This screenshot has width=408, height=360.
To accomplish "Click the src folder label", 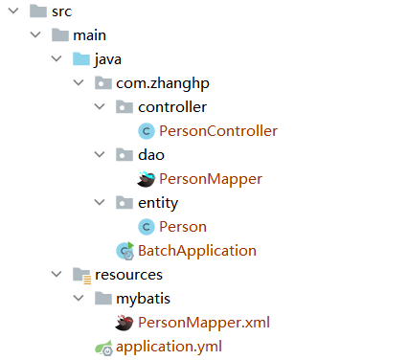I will click(x=60, y=11).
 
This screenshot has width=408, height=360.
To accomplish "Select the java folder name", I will click(x=106, y=59).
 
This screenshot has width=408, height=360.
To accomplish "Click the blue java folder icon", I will click(x=80, y=59).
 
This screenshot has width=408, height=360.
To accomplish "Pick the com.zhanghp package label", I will click(x=158, y=83).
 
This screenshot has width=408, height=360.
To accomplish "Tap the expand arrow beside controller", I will click(x=100, y=107).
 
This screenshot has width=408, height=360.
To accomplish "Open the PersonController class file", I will click(x=218, y=131).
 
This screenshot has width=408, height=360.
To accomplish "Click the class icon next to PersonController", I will click(x=147, y=131).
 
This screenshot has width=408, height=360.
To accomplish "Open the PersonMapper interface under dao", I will click(x=211, y=179).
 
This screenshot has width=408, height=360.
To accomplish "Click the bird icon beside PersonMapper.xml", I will click(x=124, y=323).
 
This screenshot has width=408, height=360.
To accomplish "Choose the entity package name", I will click(x=158, y=203).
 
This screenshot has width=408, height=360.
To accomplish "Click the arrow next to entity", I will click(x=100, y=203).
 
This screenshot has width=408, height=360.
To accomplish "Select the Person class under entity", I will click(x=183, y=227).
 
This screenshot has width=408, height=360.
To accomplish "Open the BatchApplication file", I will click(x=197, y=251).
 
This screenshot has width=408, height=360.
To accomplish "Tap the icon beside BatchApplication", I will click(x=125, y=251).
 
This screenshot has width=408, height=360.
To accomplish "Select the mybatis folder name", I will click(x=144, y=299).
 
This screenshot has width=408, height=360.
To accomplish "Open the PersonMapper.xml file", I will click(x=204, y=323).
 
